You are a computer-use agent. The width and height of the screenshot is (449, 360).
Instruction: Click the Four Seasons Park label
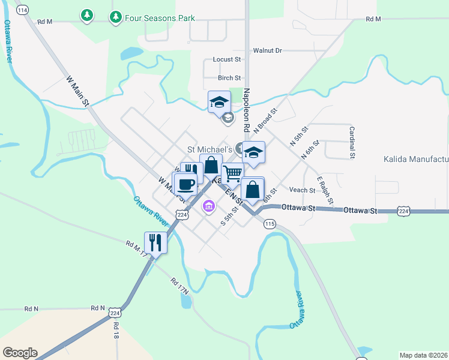click(x=160, y=18)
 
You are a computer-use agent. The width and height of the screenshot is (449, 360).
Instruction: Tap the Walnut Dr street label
click(x=267, y=51)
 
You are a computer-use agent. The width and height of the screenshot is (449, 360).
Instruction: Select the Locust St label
click(x=227, y=60)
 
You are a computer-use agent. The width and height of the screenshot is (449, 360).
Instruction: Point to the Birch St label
click(x=229, y=78)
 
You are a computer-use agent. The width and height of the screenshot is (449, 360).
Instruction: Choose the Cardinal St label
click(x=351, y=142)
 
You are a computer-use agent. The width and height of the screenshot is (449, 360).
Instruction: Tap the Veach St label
click(x=302, y=190)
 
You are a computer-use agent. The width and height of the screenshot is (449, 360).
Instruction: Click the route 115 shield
click(x=270, y=224)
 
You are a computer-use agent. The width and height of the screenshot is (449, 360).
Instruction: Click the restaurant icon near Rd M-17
click(x=155, y=242)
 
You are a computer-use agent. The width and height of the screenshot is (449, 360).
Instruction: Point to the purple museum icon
click(x=208, y=207)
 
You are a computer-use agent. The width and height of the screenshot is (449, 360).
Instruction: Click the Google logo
click(x=20, y=353)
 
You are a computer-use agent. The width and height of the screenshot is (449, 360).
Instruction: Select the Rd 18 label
click(x=115, y=330)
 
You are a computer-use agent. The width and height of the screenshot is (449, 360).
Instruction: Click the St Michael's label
click(x=209, y=149)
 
